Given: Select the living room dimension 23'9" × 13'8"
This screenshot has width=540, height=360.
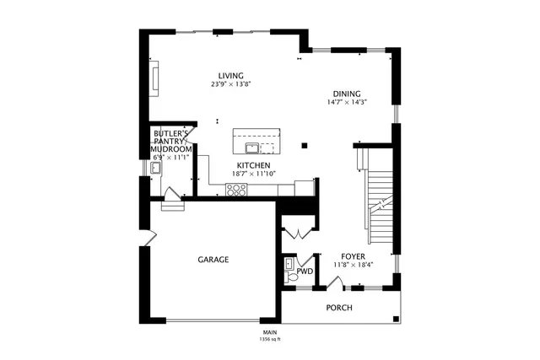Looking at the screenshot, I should click(x=231, y=84).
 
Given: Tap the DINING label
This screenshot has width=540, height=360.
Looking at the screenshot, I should click(x=346, y=94).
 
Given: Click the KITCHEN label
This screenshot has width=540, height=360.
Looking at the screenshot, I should click(x=253, y=165).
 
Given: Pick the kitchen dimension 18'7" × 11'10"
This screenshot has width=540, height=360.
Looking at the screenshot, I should click(x=253, y=175).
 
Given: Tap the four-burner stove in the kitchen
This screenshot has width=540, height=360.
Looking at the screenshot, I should click(x=235, y=189).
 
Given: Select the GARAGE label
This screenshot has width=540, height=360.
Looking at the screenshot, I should click(x=213, y=260).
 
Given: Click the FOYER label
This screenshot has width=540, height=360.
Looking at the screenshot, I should click(x=353, y=255).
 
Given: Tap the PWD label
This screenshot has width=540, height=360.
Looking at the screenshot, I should click(x=305, y=272).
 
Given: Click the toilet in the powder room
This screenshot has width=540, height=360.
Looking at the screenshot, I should click(x=290, y=275).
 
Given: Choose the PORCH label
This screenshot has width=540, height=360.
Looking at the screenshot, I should click(x=339, y=308).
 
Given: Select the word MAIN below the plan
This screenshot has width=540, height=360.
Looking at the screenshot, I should click(x=270, y=332).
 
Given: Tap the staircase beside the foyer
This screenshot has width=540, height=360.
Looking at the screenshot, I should click(x=381, y=202).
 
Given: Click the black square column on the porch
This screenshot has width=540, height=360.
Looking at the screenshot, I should click(x=397, y=319).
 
